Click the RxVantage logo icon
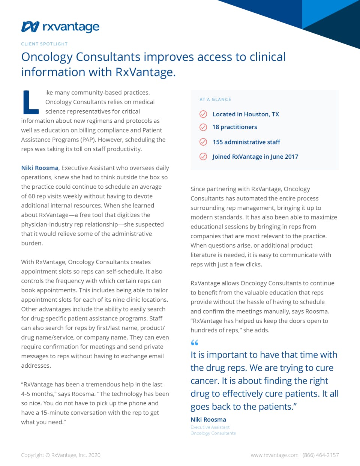click(x=30, y=27)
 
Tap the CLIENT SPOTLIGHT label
click(x=44, y=44)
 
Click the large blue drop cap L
click(x=30, y=102)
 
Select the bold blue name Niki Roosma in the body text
click(x=40, y=168)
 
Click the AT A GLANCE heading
click(x=215, y=99)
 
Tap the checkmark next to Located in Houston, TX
click(x=203, y=114)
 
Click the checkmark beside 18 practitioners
click(x=203, y=127)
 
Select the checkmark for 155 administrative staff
click(x=203, y=142)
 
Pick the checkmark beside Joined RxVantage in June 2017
click(x=203, y=156)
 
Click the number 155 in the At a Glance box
click(x=218, y=142)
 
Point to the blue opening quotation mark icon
click(x=194, y=343)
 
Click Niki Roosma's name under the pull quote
click(x=208, y=419)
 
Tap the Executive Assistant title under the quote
click(x=210, y=427)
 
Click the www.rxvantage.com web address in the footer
click(x=274, y=455)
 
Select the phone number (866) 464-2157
click(x=321, y=455)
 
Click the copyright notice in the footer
click(x=61, y=455)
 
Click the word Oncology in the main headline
click(x=47, y=57)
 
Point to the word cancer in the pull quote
click(x=204, y=381)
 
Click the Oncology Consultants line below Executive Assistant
click(x=213, y=433)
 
